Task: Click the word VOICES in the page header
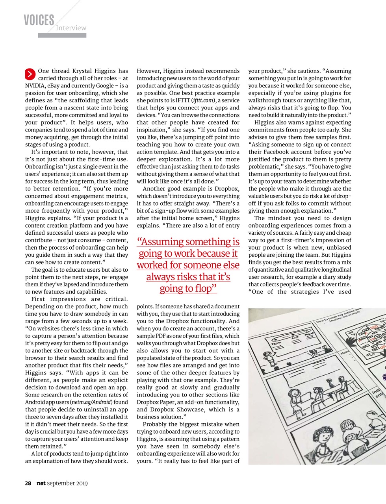tap(39, 20)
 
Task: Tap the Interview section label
tap(71, 28)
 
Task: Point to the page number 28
tap(28, 483)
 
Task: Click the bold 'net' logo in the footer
tap(41, 483)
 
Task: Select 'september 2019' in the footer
tap(67, 483)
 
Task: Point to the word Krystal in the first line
tap(83, 71)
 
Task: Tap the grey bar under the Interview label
tap(62, 35)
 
